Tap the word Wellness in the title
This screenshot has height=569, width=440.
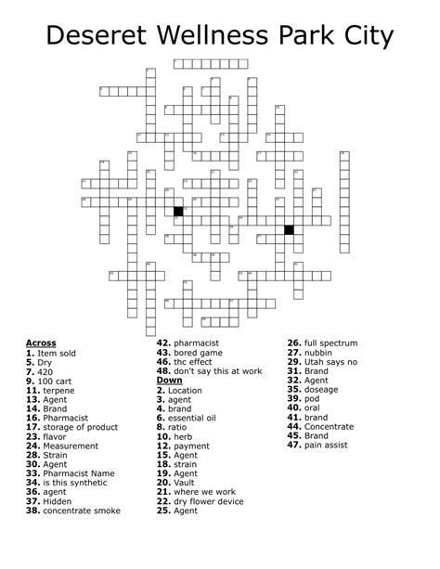point(218,37)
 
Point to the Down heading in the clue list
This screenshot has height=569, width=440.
point(169,381)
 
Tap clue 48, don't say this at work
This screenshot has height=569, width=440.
point(210,371)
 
